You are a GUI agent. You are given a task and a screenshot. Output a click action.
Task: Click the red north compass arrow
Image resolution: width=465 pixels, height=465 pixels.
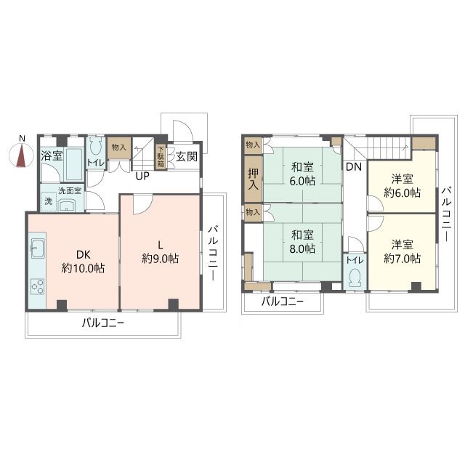pos(22,155)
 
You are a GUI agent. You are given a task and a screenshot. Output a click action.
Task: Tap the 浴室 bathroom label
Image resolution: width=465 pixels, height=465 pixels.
pos(52,156)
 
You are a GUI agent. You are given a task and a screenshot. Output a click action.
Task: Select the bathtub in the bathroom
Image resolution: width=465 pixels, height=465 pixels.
pos(74,164)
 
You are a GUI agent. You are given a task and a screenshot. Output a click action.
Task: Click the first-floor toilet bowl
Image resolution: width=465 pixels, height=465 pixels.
pos(95,146)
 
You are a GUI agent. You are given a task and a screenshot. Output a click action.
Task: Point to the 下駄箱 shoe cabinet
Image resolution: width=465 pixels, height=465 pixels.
pos(161,156)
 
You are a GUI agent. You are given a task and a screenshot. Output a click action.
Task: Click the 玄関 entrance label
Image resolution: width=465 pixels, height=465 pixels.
pos(187,157)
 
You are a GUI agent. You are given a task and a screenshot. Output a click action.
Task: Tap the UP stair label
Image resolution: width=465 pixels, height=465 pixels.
pos(142,176)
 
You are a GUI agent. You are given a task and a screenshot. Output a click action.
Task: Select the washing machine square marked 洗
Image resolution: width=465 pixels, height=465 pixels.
pos(49,201)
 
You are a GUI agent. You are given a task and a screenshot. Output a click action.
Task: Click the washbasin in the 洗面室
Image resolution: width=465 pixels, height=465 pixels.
pos(68,205)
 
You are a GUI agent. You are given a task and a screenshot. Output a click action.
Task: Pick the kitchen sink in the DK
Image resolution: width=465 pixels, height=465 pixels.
pos(38,248)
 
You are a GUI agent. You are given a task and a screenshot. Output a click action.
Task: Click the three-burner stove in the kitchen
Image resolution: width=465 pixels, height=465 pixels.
pos(38,286)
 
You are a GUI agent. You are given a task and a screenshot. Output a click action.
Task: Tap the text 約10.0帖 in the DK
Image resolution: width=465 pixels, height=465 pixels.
pos(83,269)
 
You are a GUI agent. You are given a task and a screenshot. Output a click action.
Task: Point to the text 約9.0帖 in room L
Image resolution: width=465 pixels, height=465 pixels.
pos(160,259)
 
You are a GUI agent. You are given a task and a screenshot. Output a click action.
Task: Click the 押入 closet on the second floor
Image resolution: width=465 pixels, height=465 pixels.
pos(253,179)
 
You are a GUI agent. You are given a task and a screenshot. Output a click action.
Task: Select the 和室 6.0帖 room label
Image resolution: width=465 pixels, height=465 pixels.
pos(302,174)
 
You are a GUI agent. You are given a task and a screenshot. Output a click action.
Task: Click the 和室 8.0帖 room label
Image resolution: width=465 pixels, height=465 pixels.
pos(302,242)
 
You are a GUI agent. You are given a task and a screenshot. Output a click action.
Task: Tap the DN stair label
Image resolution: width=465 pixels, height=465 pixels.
pos(354,167)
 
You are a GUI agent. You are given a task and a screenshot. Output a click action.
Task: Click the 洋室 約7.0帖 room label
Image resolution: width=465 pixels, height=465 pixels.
pos(402,252)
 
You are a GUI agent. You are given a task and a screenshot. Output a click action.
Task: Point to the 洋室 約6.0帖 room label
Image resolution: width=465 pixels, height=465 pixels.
pos(402,186)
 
